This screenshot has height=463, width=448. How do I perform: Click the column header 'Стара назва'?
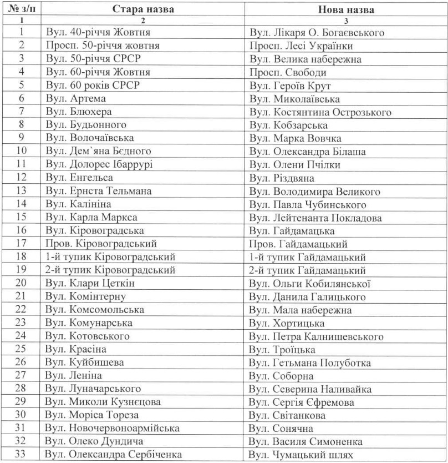(143, 9)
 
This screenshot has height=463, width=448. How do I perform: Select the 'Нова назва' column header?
(346, 9)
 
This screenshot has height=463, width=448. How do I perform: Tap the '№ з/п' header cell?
(21, 9)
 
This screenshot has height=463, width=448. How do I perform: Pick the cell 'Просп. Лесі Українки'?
(301, 46)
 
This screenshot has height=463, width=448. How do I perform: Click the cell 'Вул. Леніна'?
(73, 376)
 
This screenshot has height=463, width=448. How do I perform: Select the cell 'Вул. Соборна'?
(282, 376)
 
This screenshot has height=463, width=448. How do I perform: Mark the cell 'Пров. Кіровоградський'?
(101, 244)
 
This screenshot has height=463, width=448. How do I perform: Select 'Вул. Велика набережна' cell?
(306, 59)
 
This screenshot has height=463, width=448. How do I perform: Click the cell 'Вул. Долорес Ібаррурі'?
(99, 164)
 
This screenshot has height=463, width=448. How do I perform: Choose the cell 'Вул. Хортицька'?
(287, 323)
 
